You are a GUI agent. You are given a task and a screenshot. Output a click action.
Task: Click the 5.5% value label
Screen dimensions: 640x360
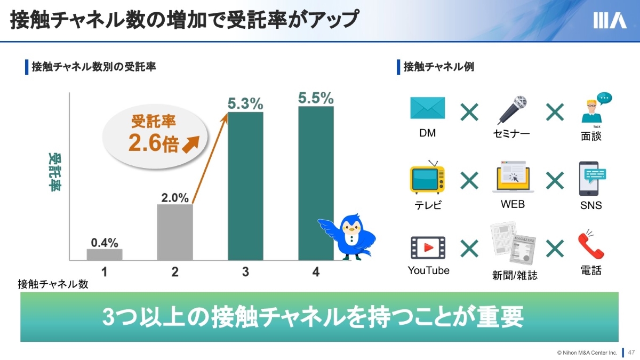tap(316, 98)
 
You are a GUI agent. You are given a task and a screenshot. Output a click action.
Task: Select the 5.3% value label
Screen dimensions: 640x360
tap(245, 103)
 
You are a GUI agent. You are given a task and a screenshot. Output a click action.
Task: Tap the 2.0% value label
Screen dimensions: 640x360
tap(175, 198)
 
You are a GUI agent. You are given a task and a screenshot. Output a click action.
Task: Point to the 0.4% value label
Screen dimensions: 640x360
tap(105, 243)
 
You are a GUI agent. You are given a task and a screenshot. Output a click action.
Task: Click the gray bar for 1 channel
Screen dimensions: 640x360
tap(105, 254)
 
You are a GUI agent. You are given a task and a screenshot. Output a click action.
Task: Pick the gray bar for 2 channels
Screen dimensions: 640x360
tap(175, 232)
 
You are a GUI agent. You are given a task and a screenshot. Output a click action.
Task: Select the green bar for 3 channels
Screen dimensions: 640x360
tap(245, 186)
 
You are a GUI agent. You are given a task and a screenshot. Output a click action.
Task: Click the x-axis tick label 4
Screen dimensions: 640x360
tap(316, 271)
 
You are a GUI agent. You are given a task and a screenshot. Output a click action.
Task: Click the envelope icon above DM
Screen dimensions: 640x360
tap(427, 108)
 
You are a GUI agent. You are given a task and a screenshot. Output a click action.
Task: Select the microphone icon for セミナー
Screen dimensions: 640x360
tap(512, 110)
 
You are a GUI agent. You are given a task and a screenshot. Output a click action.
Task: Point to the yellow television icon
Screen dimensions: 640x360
tap(427, 177)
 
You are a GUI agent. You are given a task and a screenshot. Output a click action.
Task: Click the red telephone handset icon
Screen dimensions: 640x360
tap(590, 245)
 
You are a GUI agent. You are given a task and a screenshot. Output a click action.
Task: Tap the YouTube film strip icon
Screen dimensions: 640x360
tap(428, 247)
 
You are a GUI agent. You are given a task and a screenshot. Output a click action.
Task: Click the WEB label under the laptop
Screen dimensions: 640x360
tap(513, 204)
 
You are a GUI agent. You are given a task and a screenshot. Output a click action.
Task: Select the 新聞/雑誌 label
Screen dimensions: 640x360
tap(515, 275)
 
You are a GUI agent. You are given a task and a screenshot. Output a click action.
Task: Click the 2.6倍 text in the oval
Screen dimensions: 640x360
tap(154, 143)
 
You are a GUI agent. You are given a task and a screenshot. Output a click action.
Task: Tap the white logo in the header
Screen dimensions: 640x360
tap(610, 20)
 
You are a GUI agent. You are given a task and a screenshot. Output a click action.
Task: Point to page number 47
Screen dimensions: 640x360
tap(631, 353)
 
